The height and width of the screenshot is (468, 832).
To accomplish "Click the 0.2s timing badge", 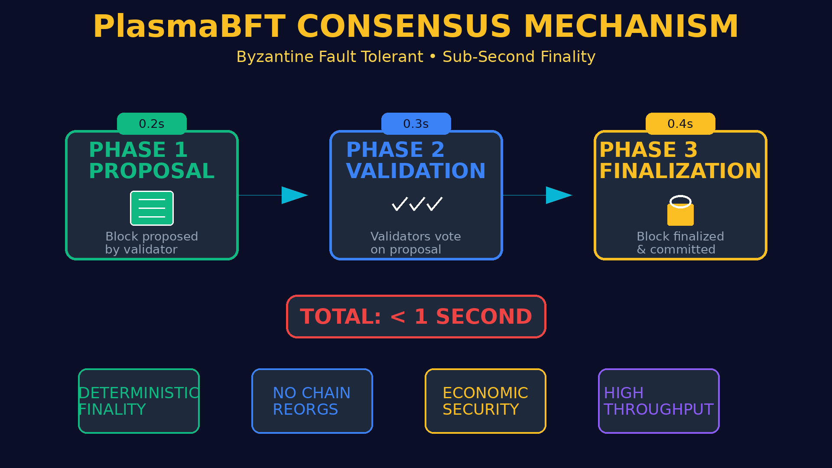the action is click(152, 123).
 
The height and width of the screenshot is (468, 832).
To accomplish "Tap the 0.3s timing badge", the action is click(416, 123).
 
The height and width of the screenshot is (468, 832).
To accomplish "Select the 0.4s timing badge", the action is click(680, 123).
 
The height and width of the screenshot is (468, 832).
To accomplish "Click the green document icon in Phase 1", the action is click(152, 208).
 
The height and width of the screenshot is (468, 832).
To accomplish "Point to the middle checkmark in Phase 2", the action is click(417, 204).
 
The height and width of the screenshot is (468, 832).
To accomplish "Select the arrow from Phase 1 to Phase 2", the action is click(273, 195).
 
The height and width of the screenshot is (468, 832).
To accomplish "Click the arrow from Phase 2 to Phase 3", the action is click(537, 195).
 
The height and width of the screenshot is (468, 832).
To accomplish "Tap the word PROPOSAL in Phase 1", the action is click(152, 171).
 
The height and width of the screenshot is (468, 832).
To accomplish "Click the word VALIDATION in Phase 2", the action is click(416, 171).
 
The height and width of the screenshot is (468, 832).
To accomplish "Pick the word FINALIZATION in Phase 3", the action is click(680, 171).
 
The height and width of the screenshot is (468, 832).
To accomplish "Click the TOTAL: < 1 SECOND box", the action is click(416, 316).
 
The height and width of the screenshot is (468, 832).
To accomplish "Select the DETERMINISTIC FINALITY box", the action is click(139, 401).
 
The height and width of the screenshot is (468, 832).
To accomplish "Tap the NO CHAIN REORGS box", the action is click(312, 401).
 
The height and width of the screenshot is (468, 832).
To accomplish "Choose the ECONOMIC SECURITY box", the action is click(485, 401).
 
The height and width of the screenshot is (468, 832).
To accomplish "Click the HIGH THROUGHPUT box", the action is click(659, 401).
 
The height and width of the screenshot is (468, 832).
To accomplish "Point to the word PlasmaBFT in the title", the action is click(189, 26).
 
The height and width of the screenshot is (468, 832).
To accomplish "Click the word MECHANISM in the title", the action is click(631, 26).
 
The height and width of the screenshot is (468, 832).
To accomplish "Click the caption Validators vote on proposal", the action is click(416, 243).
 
